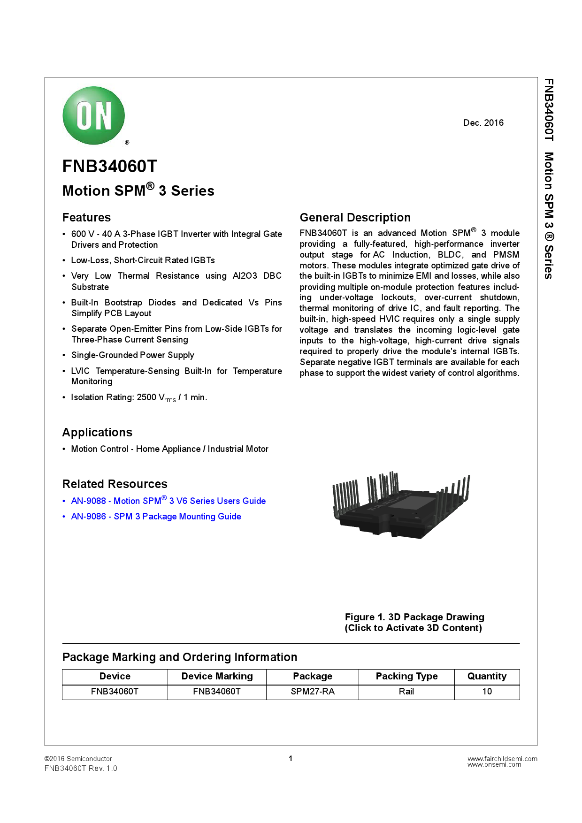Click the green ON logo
pos(94,115)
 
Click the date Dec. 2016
pos(483,123)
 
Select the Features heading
pos(86,218)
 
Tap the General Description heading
pos(355,218)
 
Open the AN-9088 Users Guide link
pos(168,501)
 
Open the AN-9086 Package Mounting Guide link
pos(156,517)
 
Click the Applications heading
pos(97,433)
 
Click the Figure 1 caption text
pos(414,623)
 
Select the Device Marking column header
pos(217,677)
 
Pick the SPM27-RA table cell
pos(313,692)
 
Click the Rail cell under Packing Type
pos(406,692)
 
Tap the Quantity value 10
pos(487,692)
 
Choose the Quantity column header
pos(487,677)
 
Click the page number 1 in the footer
pos(291,759)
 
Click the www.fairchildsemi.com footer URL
pos(502,758)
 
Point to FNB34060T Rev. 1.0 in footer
pos(81,769)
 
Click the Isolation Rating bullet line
pos(139,398)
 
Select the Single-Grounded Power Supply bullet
pos(132,355)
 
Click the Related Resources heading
pos(115,484)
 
